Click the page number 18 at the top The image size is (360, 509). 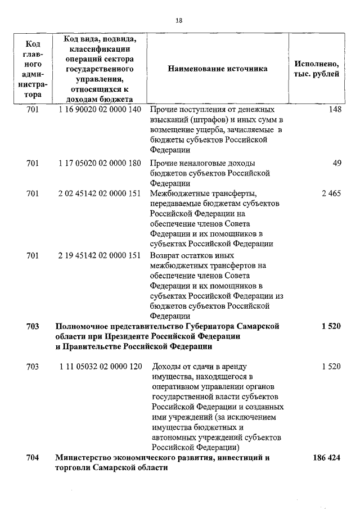[179, 20]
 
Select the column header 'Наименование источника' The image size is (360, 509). [217, 69]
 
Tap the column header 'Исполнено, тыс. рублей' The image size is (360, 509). [316, 69]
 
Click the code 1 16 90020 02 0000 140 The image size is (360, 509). [99, 109]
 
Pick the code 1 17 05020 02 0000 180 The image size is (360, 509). [99, 163]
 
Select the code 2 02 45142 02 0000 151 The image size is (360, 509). [99, 193]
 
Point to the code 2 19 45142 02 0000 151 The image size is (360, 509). [99, 255]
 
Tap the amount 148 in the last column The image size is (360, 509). [335, 109]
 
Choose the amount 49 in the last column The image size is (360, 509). [337, 163]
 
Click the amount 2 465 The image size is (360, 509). [331, 193]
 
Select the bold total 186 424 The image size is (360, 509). [327, 458]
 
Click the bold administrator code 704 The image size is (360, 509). [33, 458]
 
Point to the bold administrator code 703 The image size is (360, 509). [33, 326]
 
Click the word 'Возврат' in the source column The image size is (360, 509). [165, 255]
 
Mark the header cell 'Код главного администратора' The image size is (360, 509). [33, 69]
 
